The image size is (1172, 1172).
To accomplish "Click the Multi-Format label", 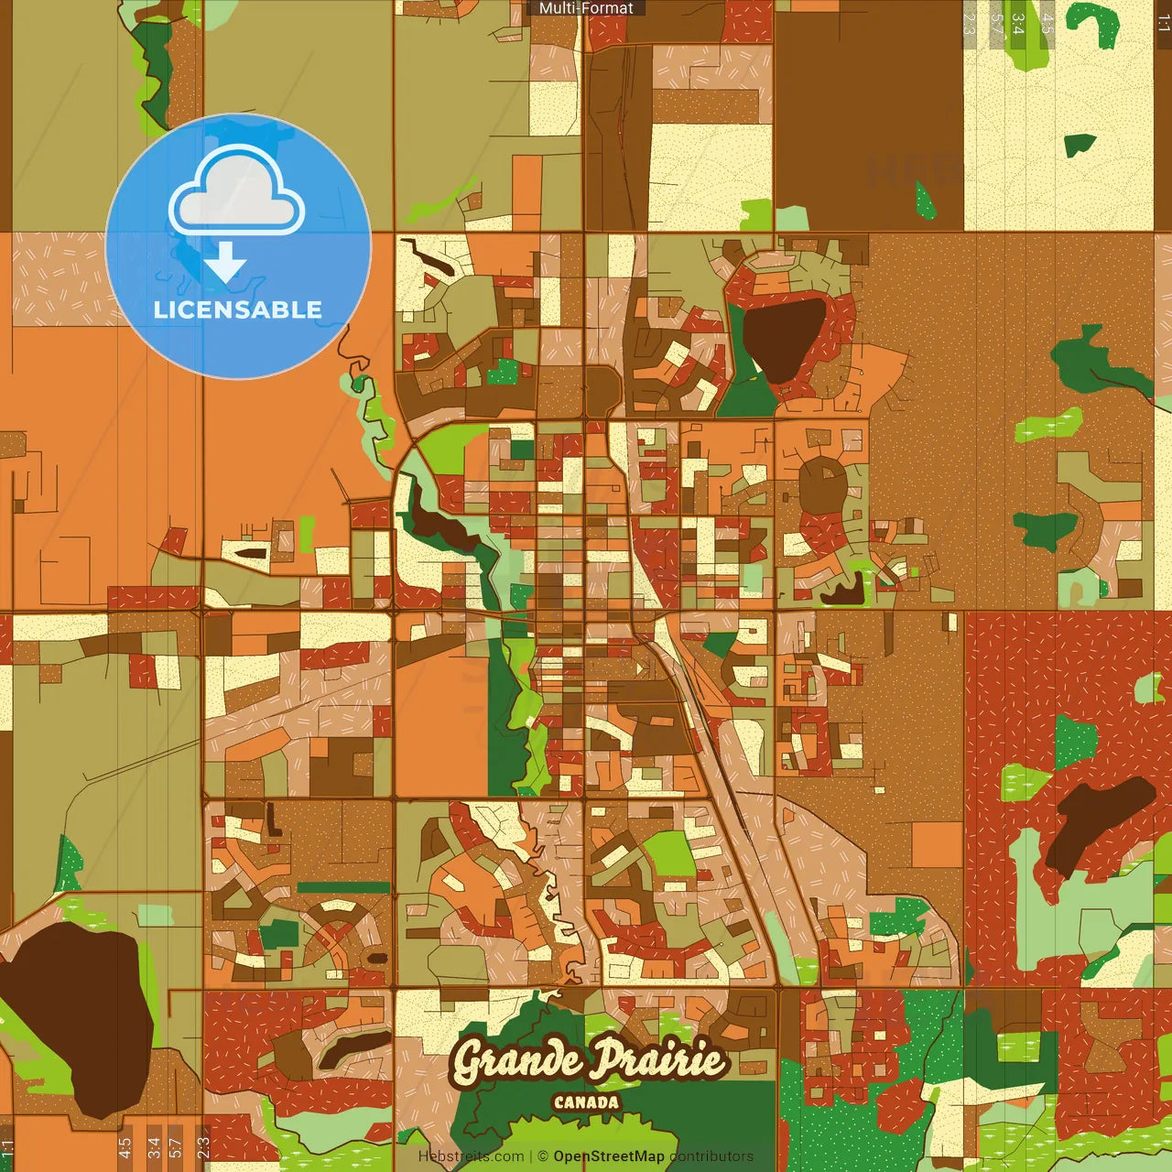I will click(586, 8).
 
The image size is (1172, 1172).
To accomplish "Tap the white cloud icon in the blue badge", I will click(237, 191).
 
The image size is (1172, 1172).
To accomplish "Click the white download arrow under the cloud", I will click(225, 262).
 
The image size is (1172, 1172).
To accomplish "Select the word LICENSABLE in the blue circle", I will click(238, 309).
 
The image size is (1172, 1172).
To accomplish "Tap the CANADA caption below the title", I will click(586, 1102).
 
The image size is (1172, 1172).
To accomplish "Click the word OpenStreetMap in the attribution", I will click(609, 1156).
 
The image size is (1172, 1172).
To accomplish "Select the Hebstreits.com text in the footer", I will click(471, 1156).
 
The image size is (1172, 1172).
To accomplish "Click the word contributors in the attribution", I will click(711, 1156).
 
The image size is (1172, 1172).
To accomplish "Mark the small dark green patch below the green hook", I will click(1080, 144).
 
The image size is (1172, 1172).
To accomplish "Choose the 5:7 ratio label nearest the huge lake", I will click(176, 1145).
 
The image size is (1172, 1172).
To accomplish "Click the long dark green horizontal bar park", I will click(343, 887).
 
